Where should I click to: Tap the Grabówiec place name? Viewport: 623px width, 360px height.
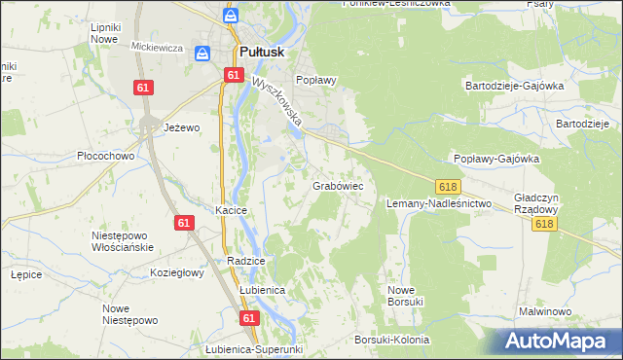coord(338,184)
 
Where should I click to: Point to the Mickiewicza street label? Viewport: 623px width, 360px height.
coord(158,46)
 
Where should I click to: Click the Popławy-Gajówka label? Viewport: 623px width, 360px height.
coord(496,159)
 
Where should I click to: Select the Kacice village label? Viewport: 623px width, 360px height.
coord(232,210)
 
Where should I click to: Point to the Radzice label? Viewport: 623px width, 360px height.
coord(245,262)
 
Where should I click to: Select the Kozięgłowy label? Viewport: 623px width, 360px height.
coord(176,273)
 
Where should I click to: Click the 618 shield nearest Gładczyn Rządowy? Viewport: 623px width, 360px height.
coord(545,224)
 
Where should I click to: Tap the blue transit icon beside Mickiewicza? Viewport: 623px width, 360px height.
coord(203,54)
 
